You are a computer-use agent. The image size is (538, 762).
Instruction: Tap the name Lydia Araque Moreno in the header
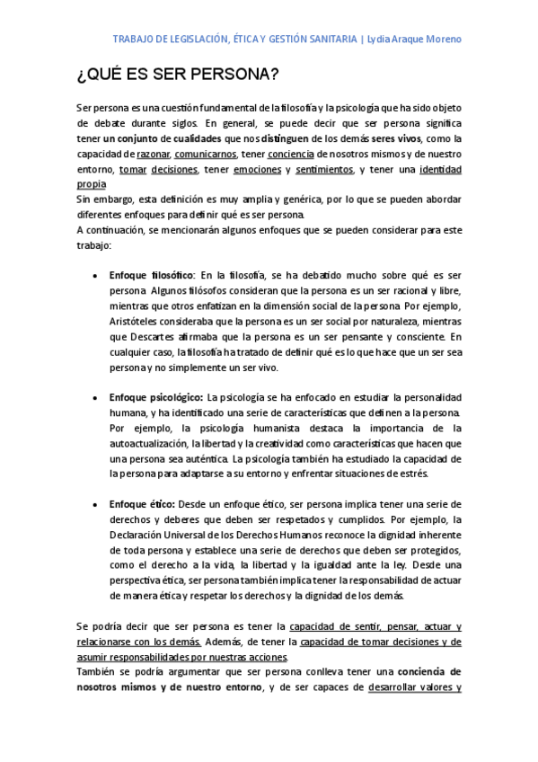click(x=414, y=40)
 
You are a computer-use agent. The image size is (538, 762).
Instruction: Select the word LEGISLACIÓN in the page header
click(x=204, y=40)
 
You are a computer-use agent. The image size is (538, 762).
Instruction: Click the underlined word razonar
click(x=154, y=154)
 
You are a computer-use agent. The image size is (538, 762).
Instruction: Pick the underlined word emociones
click(x=256, y=169)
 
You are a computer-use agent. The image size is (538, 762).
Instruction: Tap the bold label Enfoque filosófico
click(x=151, y=275)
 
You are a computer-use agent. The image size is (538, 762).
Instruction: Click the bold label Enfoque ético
click(x=142, y=504)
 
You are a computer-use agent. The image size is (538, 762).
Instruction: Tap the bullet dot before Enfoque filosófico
click(x=94, y=276)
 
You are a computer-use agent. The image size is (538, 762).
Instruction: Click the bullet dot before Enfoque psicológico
click(x=94, y=397)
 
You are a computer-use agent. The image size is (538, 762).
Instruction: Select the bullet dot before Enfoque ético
click(x=94, y=504)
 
